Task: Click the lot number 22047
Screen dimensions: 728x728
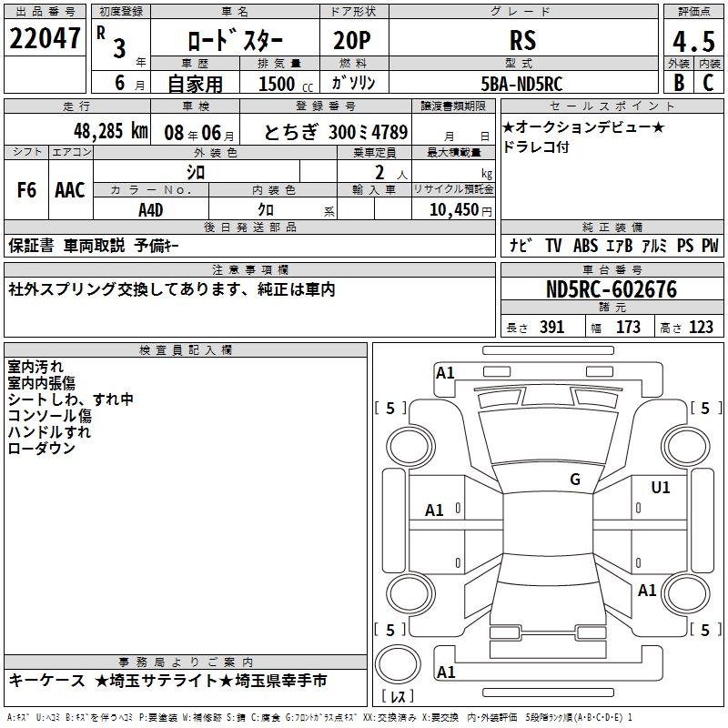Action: tap(45, 38)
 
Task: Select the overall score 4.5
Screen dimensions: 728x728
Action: tap(693, 41)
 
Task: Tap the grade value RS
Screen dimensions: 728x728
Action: tap(522, 40)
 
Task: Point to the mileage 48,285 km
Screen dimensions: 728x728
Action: tap(111, 131)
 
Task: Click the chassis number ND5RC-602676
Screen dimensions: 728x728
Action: tap(612, 289)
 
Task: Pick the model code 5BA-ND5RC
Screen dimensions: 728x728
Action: tap(521, 84)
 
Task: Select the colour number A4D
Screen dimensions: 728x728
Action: tap(150, 210)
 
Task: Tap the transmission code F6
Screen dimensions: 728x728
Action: tap(26, 190)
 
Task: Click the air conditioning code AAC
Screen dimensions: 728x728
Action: tap(70, 190)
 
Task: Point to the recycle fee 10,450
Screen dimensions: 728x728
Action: tap(453, 210)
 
